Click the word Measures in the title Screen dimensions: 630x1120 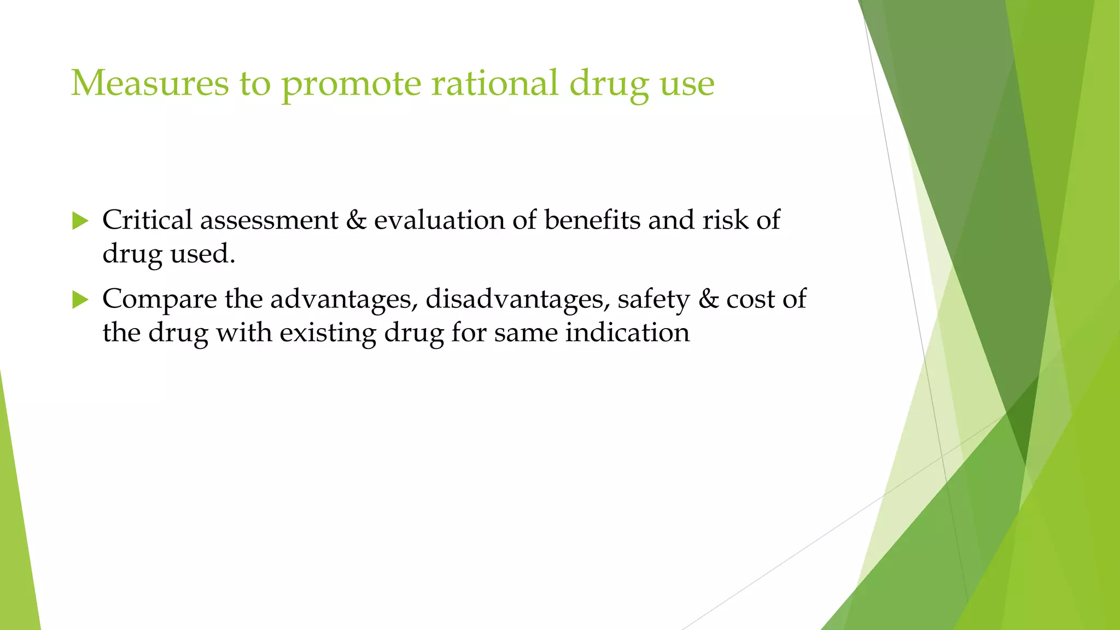pos(149,83)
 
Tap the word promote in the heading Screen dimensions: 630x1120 pos(352,84)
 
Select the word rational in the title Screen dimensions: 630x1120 pos(495,83)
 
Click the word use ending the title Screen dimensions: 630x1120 pos(687,84)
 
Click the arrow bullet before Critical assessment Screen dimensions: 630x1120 pos(80,221)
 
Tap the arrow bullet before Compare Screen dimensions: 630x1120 pos(80,300)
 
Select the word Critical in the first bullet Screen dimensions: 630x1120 pos(147,220)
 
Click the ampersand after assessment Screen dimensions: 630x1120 pos(356,220)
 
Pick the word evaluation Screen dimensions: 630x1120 pos(439,220)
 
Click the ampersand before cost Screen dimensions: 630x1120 pos(709,299)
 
